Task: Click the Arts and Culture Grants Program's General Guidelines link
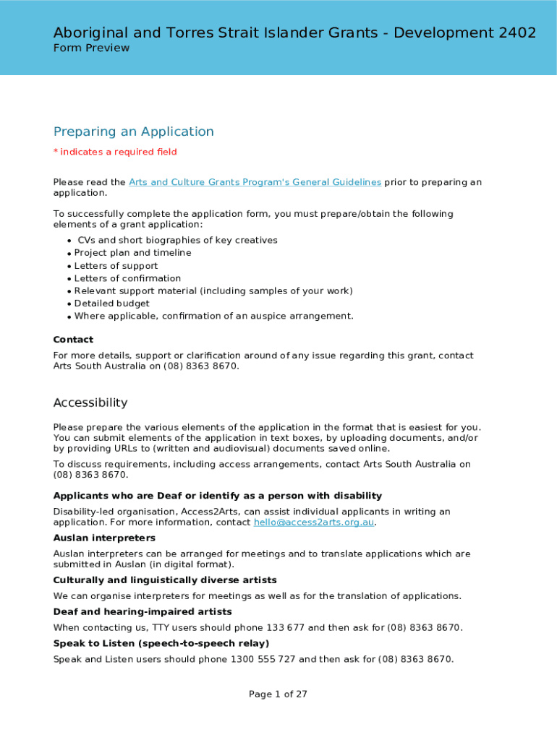click(255, 182)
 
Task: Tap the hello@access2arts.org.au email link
click(314, 522)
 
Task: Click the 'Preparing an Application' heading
click(134, 132)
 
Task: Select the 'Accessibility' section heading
click(90, 403)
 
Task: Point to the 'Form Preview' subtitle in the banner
click(91, 48)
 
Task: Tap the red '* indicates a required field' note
click(115, 152)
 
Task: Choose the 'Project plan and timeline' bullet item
click(132, 253)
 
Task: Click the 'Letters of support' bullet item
click(116, 266)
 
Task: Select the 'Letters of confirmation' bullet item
click(127, 278)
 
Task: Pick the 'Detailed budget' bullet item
click(112, 304)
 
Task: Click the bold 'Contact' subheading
click(73, 340)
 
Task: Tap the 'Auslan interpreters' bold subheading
click(104, 538)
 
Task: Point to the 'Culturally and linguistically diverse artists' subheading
click(165, 580)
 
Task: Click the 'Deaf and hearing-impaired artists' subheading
click(143, 612)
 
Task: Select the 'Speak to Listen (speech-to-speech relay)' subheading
click(161, 643)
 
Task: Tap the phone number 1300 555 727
click(263, 659)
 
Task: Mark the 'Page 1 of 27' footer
click(278, 694)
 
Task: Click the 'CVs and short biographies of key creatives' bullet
click(177, 240)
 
